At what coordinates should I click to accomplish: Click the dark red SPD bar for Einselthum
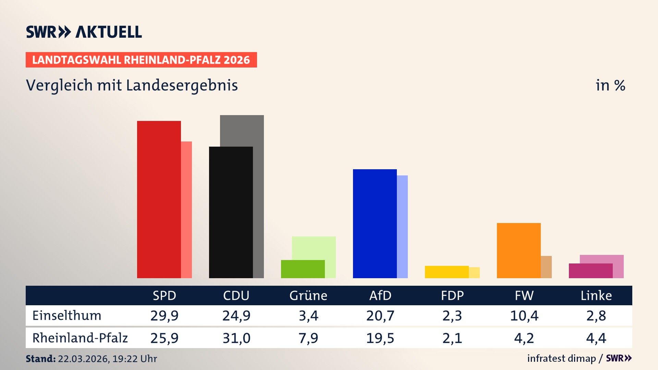[x=159, y=199]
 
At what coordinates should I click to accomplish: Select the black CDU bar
[x=231, y=212]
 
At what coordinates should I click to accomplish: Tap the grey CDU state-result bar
[x=258, y=130]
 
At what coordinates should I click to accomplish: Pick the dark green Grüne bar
[x=303, y=269]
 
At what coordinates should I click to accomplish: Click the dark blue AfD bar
[x=375, y=223]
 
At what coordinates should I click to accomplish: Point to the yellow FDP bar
[x=447, y=272]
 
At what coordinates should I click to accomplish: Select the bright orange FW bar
[x=519, y=250]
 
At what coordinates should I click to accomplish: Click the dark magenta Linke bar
[x=590, y=271]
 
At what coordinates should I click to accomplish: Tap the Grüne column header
[x=308, y=296]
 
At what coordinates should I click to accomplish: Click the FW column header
[x=524, y=296]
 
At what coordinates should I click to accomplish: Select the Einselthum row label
[x=67, y=316]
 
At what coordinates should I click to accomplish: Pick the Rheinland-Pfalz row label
[x=80, y=338]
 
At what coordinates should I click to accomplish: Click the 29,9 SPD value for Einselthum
[x=164, y=316]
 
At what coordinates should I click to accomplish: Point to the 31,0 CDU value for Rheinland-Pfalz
[x=236, y=338]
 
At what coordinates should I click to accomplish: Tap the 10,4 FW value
[x=524, y=316]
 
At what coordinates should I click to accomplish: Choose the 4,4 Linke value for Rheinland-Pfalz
[x=596, y=338]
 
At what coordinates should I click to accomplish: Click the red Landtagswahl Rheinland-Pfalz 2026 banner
[x=141, y=60]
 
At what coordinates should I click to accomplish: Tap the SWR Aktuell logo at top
[x=84, y=32]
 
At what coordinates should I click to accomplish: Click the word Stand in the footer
[x=40, y=359]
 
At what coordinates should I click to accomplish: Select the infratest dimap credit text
[x=561, y=358]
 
